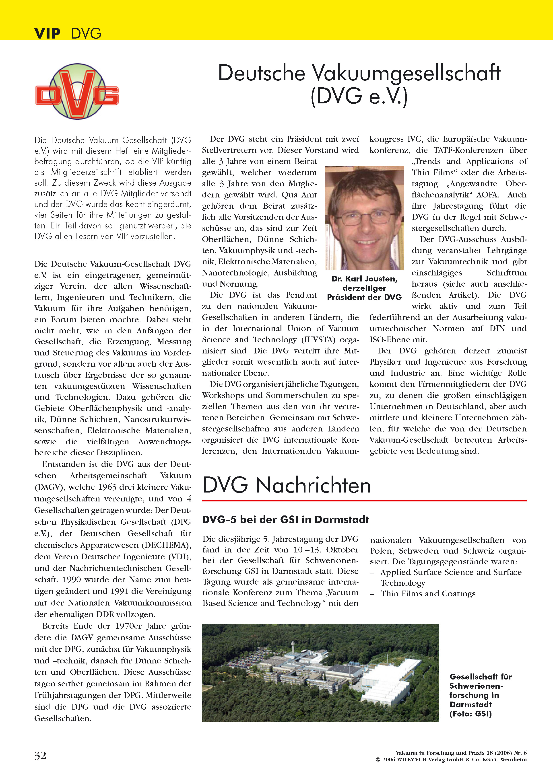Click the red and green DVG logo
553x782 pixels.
[x=77, y=91]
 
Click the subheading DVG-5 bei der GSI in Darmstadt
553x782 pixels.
[x=285, y=519]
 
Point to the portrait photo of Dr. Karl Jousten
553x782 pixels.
[x=364, y=218]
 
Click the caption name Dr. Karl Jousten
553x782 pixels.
[x=364, y=279]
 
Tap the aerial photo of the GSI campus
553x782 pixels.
[x=320, y=673]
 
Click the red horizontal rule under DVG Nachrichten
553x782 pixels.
[x=364, y=501]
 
